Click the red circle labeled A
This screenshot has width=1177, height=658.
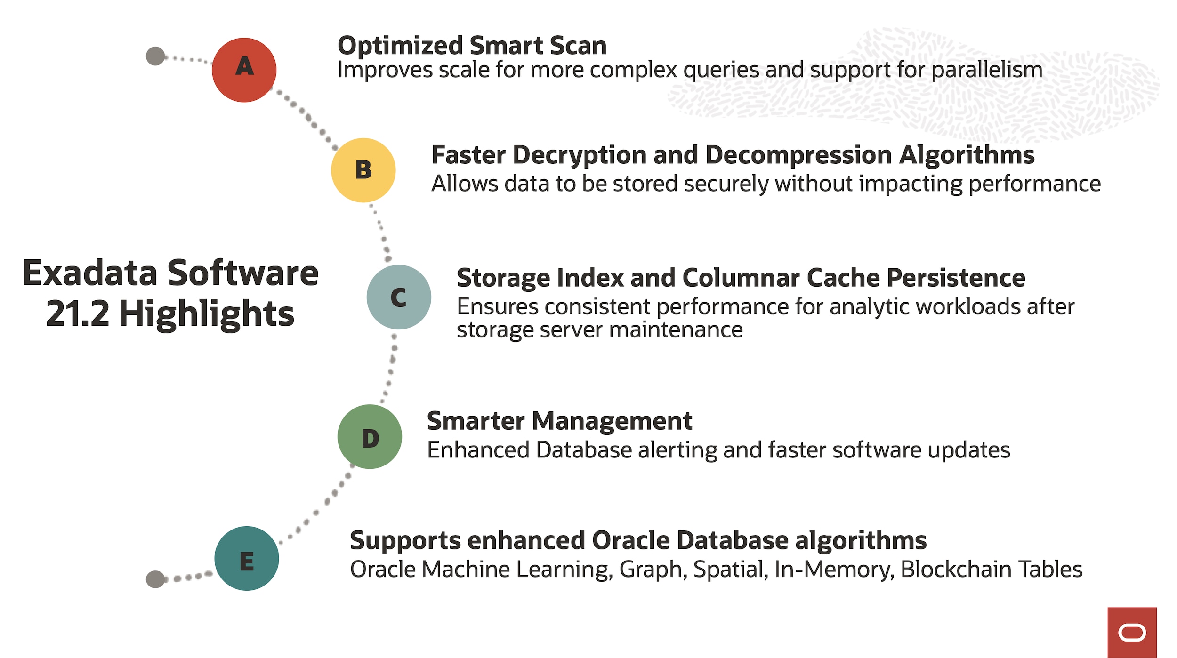pos(244,70)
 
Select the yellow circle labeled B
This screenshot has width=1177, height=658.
pos(363,170)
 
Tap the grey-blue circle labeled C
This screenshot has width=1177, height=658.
pos(399,297)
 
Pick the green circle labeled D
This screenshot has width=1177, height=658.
pos(370,437)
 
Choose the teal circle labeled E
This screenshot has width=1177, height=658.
pos(246,559)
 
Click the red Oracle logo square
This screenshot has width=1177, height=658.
pos(1132,632)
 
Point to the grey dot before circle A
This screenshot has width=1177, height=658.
pos(155,56)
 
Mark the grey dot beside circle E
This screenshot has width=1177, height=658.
pos(155,579)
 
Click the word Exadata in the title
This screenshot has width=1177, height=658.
pos(89,273)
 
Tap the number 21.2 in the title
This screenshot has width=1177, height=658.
pos(77,314)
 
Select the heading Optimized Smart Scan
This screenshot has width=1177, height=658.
pos(472,46)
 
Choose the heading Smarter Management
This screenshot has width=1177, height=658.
pos(559,421)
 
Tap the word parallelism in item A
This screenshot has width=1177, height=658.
pos(987,70)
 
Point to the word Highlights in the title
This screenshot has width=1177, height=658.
pos(207,314)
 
